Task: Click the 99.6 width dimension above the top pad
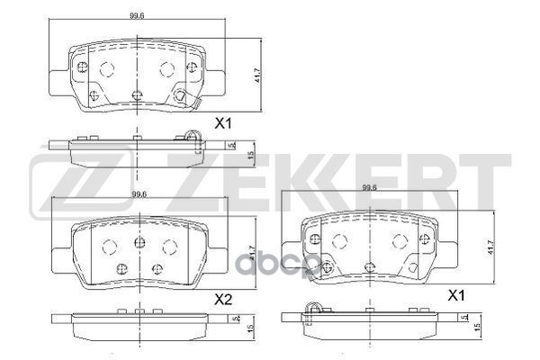136,15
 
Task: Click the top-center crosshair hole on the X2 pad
138,241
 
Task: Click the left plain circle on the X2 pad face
108,247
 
